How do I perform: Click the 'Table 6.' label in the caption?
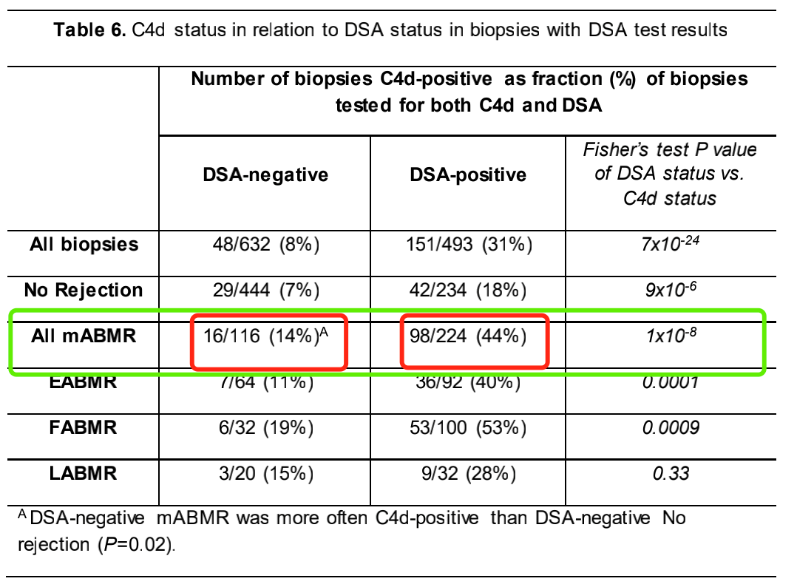[90, 31]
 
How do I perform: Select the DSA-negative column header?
[265, 175]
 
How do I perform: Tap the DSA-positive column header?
[469, 175]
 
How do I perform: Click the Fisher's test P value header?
[670, 174]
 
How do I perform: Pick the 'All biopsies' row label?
[84, 245]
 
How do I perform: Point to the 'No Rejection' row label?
[84, 290]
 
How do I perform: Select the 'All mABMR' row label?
[84, 336]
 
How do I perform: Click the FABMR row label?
[84, 428]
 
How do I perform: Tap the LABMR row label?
[84, 473]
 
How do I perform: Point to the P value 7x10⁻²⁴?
[670, 244]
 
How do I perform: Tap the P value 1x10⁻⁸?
[670, 336]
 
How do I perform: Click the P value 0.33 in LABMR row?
[671, 474]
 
